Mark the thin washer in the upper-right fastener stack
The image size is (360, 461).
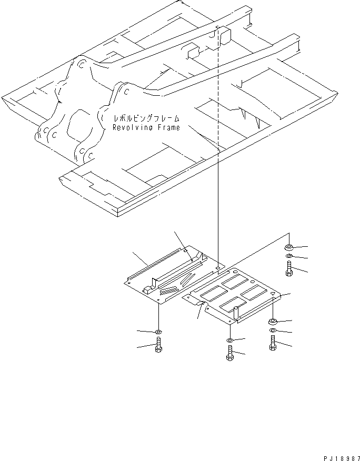pos(289,257)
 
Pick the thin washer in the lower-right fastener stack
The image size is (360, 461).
pos(273,331)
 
